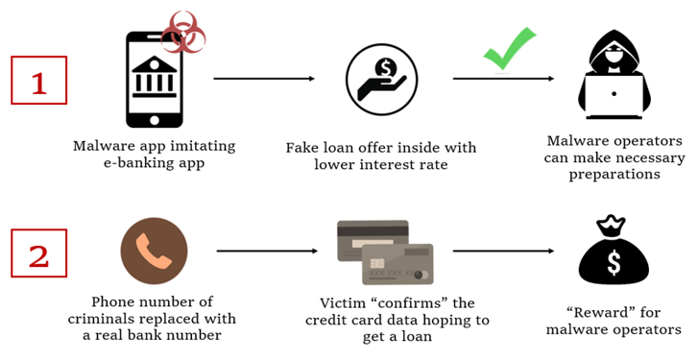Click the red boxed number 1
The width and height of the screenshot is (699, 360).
coord(38,80)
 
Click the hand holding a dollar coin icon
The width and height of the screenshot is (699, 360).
coord(380,79)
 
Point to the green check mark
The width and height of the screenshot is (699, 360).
coord(509,48)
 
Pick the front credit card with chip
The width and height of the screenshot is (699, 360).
coord(398,263)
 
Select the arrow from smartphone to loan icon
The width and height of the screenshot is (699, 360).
coord(264,79)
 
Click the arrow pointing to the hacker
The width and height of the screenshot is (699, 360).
coord(503,79)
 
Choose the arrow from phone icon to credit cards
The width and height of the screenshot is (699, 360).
coord(267,252)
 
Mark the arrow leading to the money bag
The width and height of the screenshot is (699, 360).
coord(503,252)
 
